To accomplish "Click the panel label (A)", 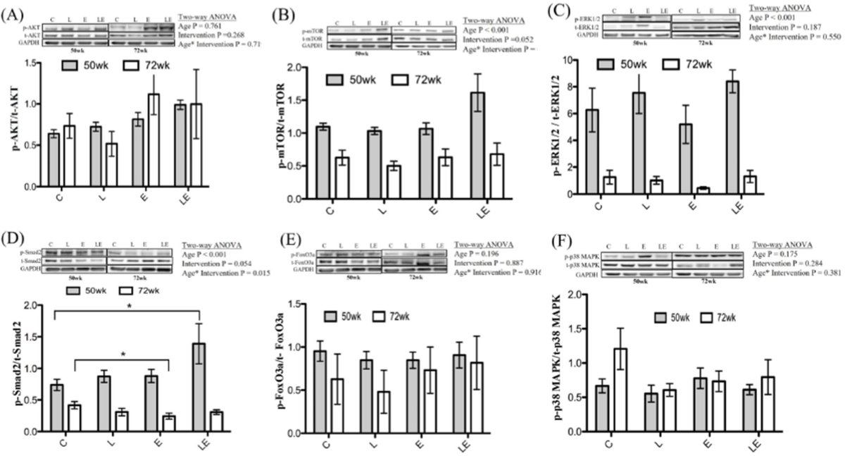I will pos(15,13).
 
